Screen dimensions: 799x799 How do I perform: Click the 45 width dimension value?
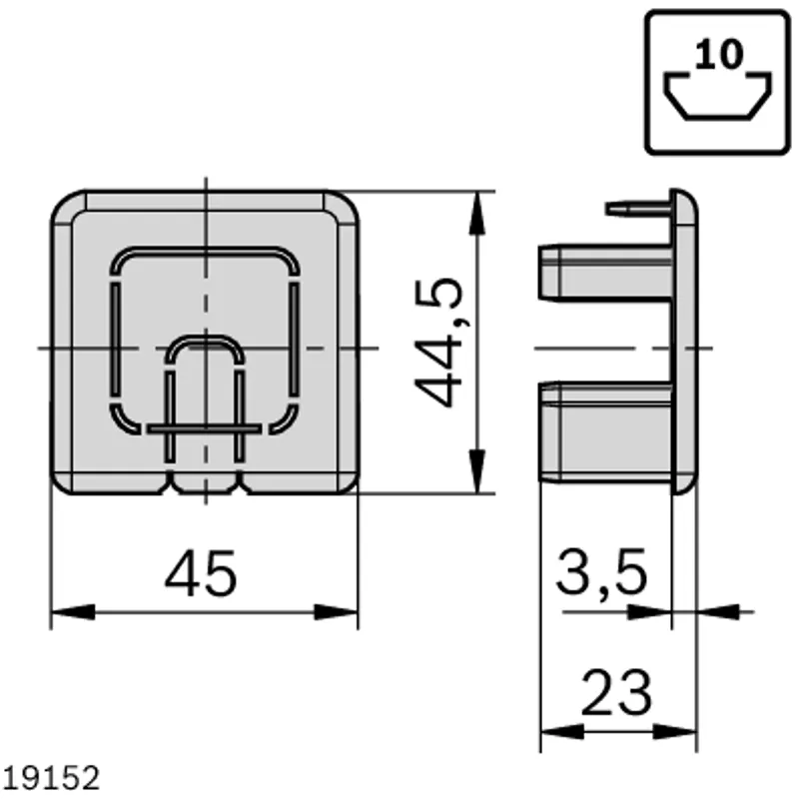click(x=201, y=573)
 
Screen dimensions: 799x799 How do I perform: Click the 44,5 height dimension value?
click(x=439, y=343)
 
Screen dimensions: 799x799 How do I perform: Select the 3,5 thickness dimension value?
click(x=601, y=573)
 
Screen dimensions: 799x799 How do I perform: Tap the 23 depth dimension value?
click(x=616, y=693)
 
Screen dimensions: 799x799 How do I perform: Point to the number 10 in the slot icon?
click(x=719, y=54)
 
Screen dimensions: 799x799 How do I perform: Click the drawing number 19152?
click(x=51, y=778)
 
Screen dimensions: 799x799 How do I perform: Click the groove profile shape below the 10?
click(x=717, y=97)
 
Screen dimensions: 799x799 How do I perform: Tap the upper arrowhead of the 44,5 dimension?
click(x=477, y=213)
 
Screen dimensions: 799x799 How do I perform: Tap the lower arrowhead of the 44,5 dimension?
click(x=477, y=471)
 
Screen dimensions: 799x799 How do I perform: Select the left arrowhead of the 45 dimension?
click(x=73, y=612)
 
